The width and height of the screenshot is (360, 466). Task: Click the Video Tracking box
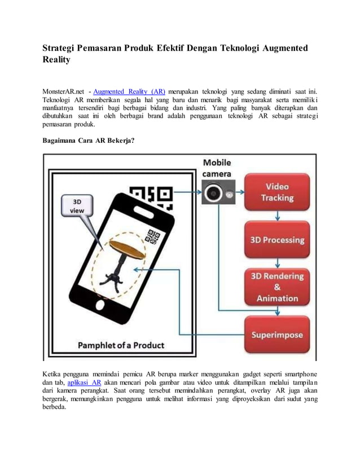click(x=276, y=192)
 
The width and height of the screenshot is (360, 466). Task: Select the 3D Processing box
click(x=276, y=240)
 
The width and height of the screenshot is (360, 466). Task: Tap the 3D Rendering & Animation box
click(x=276, y=287)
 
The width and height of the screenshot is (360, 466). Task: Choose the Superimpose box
click(x=276, y=335)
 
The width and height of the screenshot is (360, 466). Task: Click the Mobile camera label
click(x=217, y=169)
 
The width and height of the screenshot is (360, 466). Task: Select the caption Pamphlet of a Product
click(x=121, y=345)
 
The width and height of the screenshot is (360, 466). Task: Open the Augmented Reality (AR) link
click(x=129, y=91)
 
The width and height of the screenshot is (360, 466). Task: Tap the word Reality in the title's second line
click(x=56, y=60)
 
